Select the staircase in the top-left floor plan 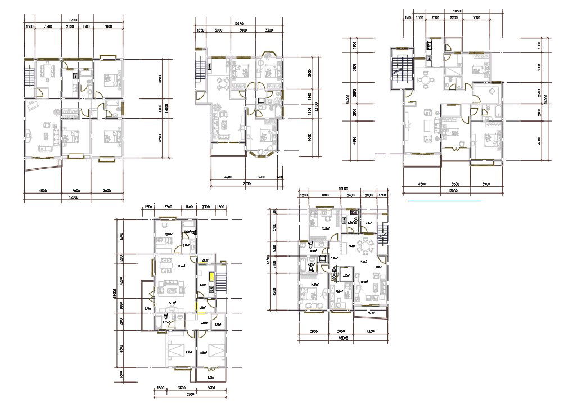[29, 74]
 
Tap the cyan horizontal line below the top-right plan [444, 200]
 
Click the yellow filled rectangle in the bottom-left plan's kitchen [211, 276]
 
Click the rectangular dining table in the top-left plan [46, 72]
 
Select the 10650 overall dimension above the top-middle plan [238, 24]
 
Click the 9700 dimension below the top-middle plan [246, 183]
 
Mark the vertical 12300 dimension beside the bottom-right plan [276, 260]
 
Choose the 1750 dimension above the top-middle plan [200, 30]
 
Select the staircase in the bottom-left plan [222, 280]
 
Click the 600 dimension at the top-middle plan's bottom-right [280, 177]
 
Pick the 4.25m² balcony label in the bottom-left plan [210, 377]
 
